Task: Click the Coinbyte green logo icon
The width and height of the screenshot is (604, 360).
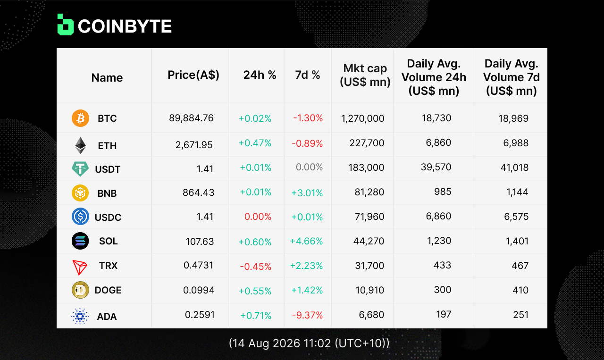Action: coord(66,25)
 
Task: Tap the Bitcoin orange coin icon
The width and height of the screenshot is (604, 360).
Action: coord(80,118)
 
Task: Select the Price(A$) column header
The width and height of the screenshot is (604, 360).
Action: coord(193,75)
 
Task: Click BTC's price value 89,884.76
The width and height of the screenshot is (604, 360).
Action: coord(191,118)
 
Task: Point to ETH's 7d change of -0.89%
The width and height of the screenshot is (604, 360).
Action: coord(307,143)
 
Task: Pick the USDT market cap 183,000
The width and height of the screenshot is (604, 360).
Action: coord(366,167)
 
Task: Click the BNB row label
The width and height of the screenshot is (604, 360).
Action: coord(107,193)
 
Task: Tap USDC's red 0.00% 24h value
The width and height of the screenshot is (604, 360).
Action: coord(258,217)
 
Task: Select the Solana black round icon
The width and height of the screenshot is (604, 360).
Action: coord(80,241)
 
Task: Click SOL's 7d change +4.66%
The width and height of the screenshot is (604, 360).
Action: coord(306,241)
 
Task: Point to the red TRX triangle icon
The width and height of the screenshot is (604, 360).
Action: coord(80,267)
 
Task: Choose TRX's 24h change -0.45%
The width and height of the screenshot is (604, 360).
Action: coord(256,267)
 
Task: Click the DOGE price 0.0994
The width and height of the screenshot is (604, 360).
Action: coord(199,290)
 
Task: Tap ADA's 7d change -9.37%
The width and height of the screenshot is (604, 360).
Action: coord(307,315)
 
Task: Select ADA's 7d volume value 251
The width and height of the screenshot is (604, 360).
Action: coord(520,315)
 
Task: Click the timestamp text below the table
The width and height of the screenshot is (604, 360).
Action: coord(309,343)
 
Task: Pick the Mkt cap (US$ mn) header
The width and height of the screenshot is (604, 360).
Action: coord(365,75)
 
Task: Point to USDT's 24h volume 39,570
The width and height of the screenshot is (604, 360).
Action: coord(436,167)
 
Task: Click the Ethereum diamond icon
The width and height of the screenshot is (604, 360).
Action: coord(80,146)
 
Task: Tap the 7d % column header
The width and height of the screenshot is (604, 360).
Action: coord(308,75)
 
